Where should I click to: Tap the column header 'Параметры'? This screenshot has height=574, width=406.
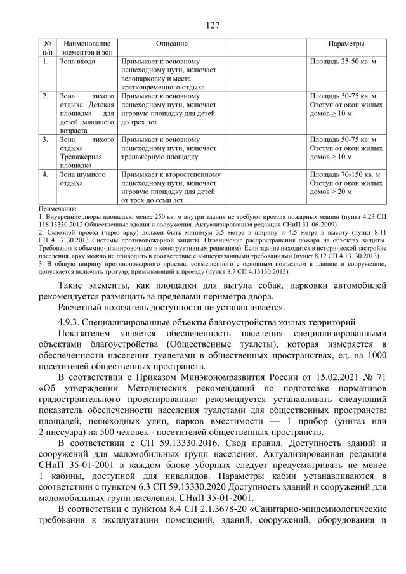point(346,44)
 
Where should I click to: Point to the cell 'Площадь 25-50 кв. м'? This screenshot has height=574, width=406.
point(343,62)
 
